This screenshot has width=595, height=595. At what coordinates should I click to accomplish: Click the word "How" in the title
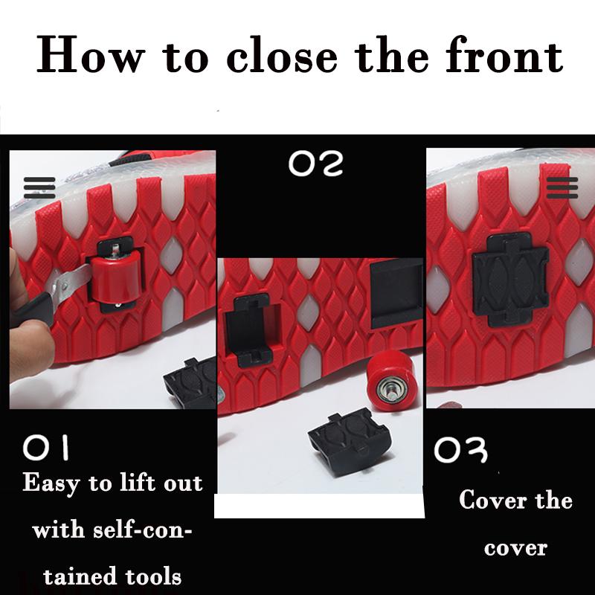[x=90, y=54]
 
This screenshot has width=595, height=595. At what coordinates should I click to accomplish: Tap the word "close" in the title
[x=282, y=54]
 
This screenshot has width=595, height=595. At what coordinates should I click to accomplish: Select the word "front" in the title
[x=504, y=54]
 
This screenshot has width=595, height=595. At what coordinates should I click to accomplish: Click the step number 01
[x=46, y=448]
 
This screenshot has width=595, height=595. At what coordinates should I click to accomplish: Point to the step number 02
[x=315, y=164]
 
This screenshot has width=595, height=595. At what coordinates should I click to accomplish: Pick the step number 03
[x=460, y=450]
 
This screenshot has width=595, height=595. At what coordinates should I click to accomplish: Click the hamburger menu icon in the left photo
[x=39, y=187]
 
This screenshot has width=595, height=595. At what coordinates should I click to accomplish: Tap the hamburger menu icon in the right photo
[x=562, y=187]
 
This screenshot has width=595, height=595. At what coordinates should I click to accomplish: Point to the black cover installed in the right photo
[x=510, y=280]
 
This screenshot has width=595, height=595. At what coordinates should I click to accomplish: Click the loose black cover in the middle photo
[x=349, y=440]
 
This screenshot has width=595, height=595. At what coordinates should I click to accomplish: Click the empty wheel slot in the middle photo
[x=396, y=294]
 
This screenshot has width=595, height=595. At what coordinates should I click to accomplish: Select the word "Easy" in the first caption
[x=51, y=483]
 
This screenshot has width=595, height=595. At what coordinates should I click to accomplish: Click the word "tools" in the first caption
[x=154, y=576]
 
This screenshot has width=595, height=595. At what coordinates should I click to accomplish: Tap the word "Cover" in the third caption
[x=492, y=499]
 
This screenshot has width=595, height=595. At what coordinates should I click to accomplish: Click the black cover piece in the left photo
[x=190, y=382]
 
